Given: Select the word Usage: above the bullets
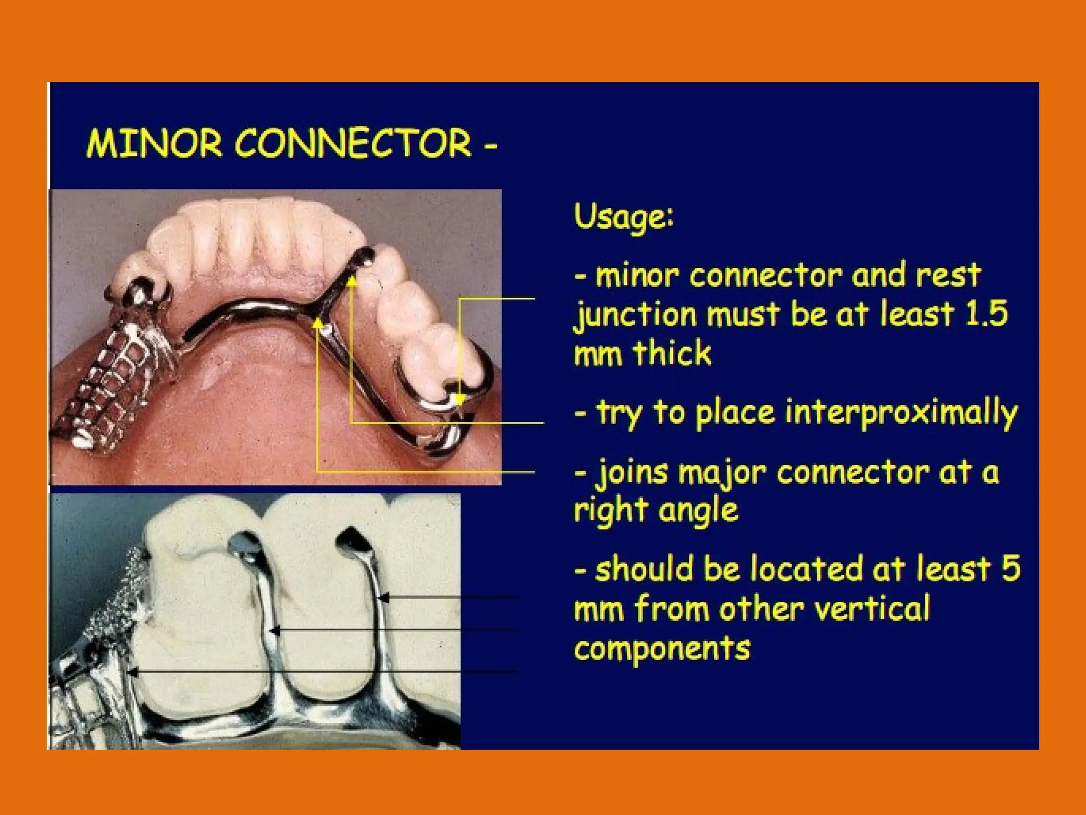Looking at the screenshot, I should click(624, 218).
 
